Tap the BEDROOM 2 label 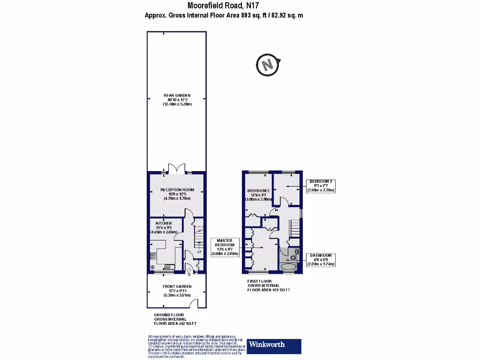coord(258,190)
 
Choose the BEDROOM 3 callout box coord(321,186)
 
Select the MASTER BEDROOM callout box coord(225,247)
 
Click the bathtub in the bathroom coord(288,268)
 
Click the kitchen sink coord(168,267)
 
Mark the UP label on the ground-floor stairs coord(199,252)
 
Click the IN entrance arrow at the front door coord(189,273)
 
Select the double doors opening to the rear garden coord(176,168)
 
